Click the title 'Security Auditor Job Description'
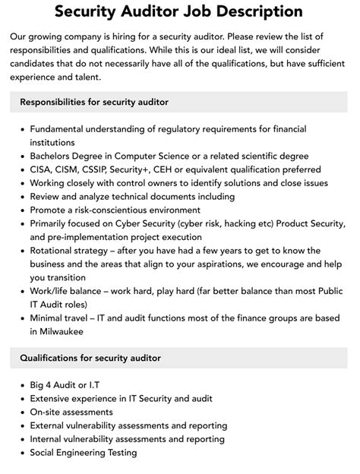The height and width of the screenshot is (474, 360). tap(179, 12)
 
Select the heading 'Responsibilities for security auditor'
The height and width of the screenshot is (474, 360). tap(94, 101)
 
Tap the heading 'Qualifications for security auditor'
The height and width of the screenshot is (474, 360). tap(90, 358)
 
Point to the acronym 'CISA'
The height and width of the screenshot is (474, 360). tap(43, 169)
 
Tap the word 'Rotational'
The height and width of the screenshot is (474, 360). tap(55, 251)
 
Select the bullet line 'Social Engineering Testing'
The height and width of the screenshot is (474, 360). tap(84, 453)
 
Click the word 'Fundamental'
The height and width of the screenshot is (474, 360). tap(63, 128)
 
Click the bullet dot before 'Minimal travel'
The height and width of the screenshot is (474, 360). tap(21, 319)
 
